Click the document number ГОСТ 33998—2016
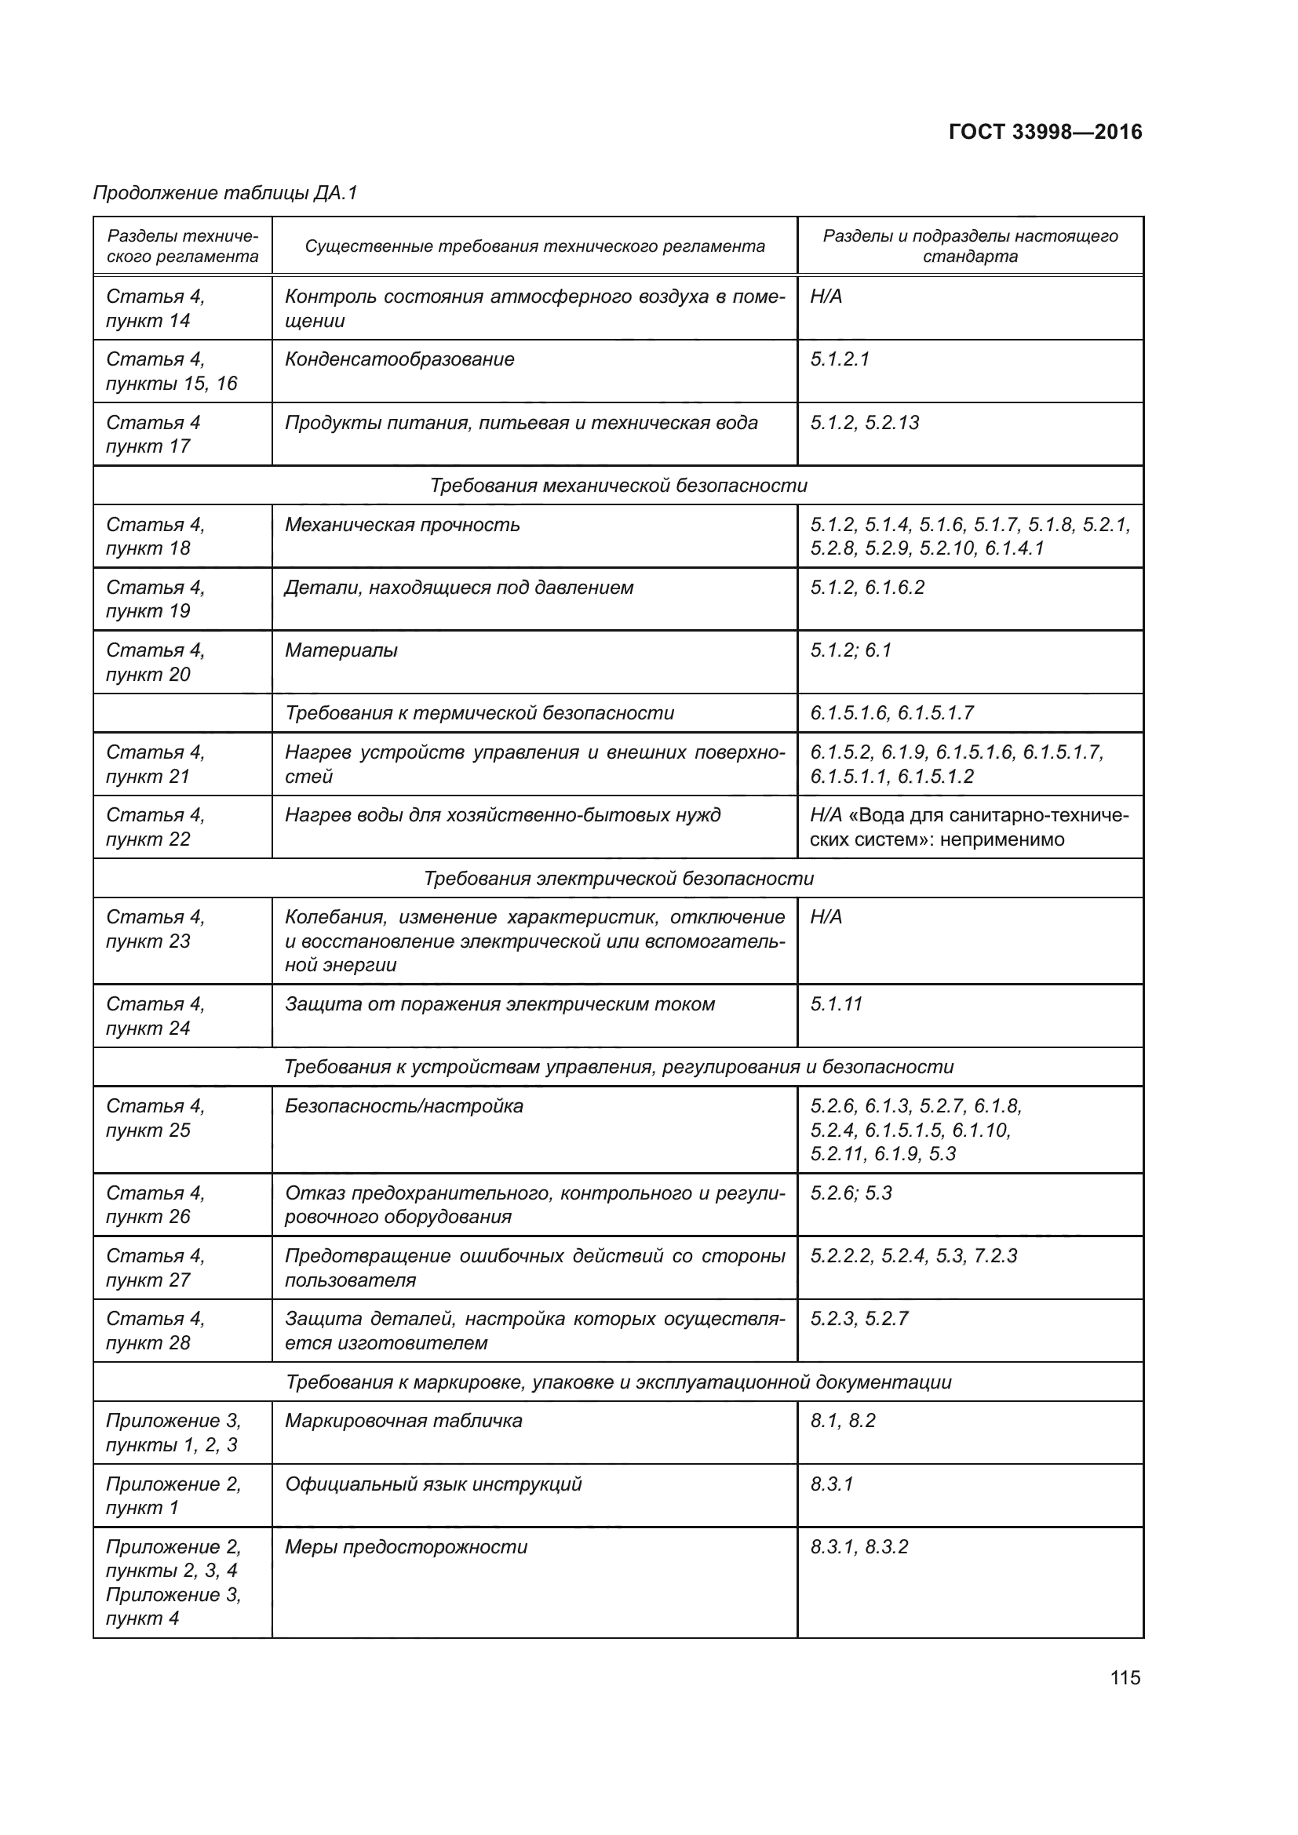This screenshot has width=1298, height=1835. point(1045,132)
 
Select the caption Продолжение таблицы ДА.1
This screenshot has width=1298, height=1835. point(225,193)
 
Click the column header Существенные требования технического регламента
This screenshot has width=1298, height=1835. point(534,246)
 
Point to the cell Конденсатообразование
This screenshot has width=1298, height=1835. point(399,359)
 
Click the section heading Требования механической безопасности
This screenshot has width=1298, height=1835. point(618,485)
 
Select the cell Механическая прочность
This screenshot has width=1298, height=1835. point(402,525)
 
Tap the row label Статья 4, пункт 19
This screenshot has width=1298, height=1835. point(156,599)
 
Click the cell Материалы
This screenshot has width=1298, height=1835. point(341,650)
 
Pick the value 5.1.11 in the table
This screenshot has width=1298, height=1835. point(836,1004)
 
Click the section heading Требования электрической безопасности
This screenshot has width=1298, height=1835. point(618,879)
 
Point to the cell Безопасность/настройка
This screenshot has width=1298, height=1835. point(403,1106)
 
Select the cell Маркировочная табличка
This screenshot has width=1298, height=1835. point(403,1420)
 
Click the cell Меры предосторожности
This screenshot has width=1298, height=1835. point(406,1546)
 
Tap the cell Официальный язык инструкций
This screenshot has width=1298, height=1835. point(433,1484)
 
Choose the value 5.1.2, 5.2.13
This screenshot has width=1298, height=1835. point(865,423)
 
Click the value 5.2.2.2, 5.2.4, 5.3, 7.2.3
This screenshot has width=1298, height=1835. point(913,1255)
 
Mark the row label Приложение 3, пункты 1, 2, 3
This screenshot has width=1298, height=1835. point(173,1433)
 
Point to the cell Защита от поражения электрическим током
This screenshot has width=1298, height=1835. point(500,1004)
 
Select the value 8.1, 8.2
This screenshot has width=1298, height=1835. point(842,1420)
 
